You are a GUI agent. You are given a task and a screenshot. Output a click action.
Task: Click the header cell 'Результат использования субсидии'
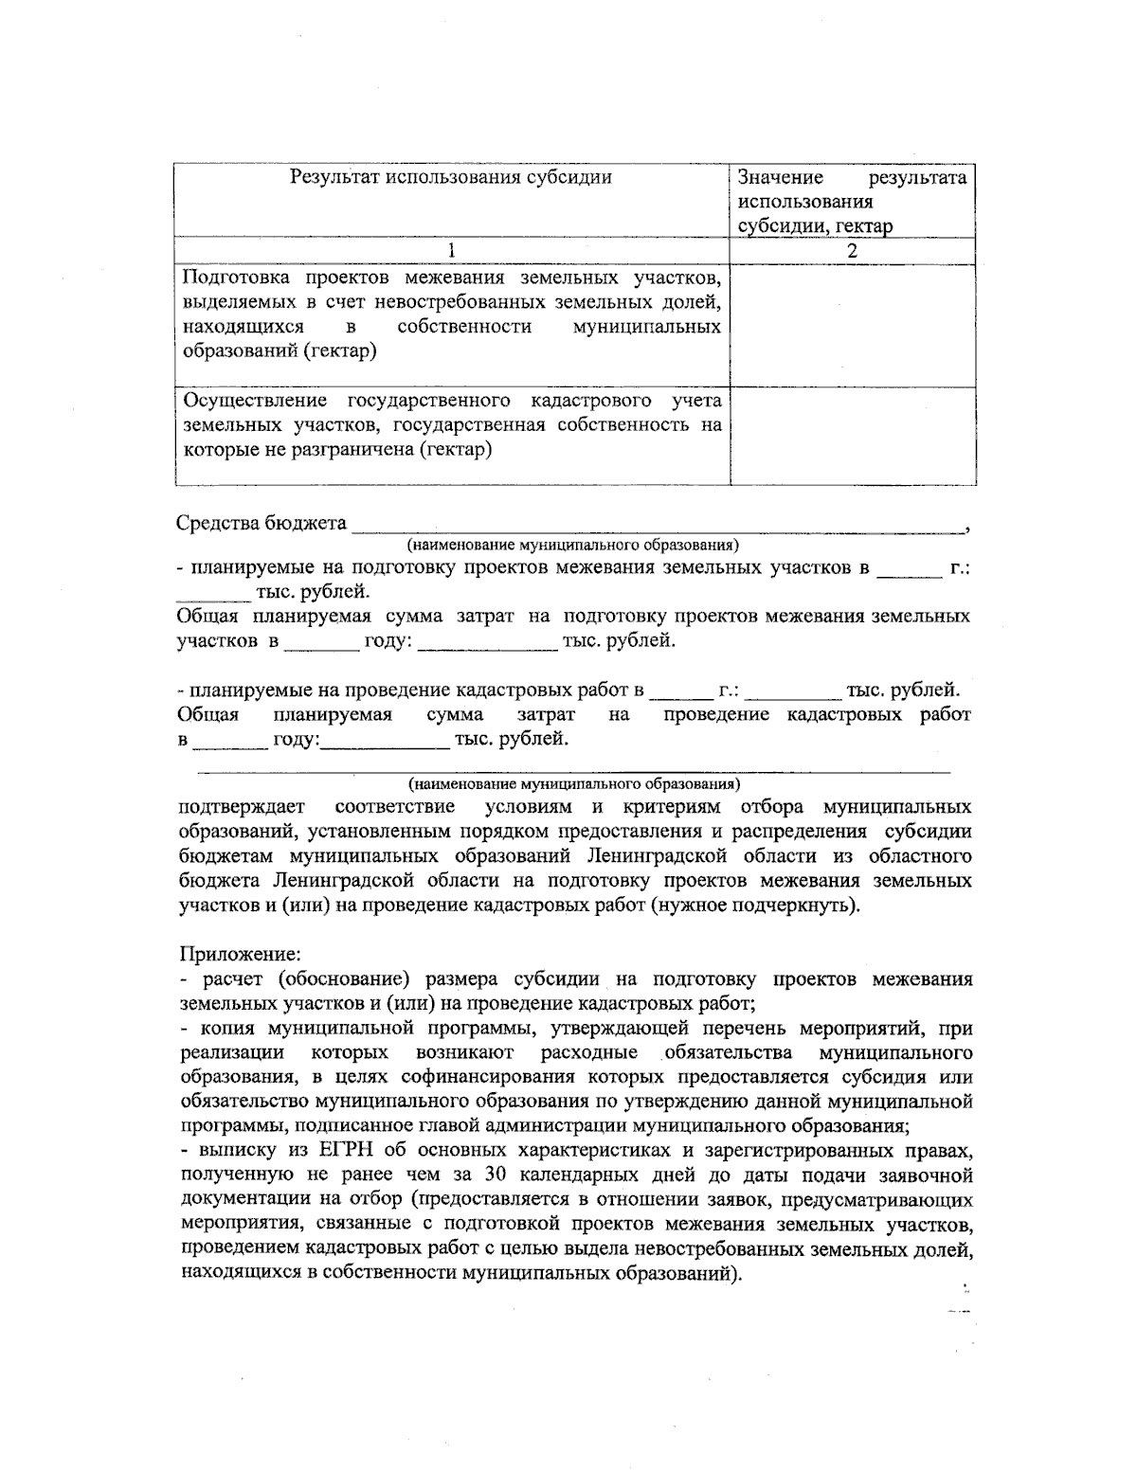(x=450, y=177)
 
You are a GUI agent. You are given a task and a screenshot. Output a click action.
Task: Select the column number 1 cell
(x=452, y=251)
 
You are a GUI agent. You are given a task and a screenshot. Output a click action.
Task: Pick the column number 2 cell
(x=853, y=251)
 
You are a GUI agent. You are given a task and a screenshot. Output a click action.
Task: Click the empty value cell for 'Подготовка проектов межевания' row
(x=853, y=325)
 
